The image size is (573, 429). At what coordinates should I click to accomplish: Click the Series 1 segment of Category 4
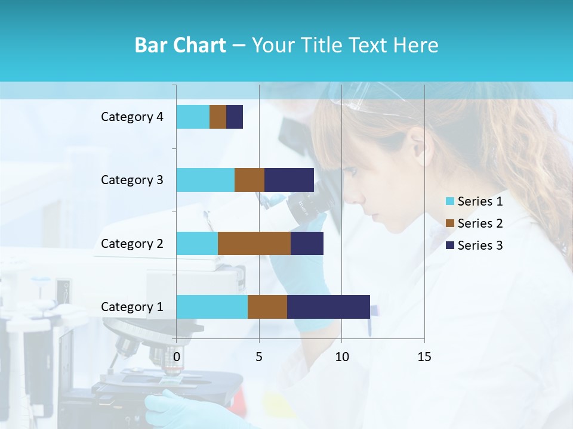click(193, 117)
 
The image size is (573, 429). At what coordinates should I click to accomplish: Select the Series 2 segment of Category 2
click(254, 243)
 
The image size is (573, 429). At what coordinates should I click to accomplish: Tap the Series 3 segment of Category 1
click(328, 307)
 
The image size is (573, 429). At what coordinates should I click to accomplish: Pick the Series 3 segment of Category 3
click(289, 180)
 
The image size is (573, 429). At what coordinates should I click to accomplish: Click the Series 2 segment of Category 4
click(218, 117)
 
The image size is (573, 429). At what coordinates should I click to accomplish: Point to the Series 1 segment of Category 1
click(212, 307)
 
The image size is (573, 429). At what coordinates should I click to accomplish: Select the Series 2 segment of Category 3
click(249, 180)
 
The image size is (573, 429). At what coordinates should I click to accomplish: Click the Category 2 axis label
click(132, 244)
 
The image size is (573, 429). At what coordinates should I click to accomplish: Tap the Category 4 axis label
click(132, 117)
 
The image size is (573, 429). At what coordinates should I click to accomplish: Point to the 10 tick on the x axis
click(341, 357)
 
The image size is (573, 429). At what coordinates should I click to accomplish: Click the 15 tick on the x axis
click(424, 357)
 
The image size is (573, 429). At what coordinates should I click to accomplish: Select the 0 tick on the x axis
click(177, 357)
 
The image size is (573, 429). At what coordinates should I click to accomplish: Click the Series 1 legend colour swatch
click(449, 201)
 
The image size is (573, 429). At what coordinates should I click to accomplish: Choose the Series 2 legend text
click(480, 223)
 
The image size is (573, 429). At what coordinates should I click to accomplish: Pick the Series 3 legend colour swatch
click(449, 245)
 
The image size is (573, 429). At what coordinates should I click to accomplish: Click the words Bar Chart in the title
click(180, 45)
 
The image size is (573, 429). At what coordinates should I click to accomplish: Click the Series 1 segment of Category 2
click(197, 243)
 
